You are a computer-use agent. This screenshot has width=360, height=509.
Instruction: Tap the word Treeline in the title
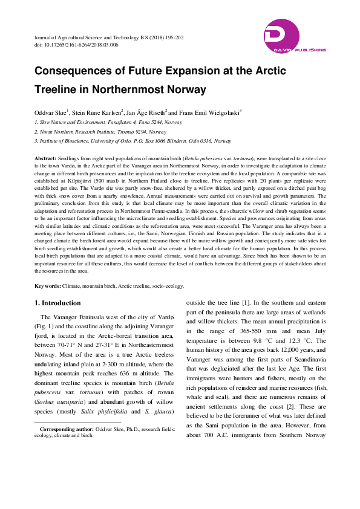[x=59, y=90]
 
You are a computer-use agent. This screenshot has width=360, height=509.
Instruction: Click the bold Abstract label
[x=46, y=157]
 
